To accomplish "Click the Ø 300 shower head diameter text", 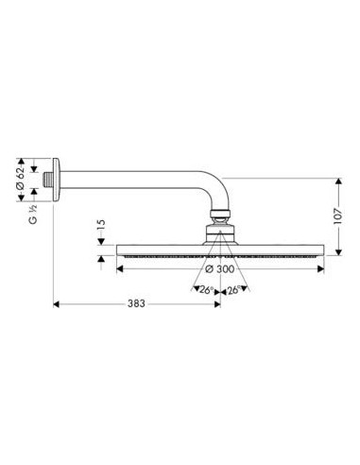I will coord(220,269).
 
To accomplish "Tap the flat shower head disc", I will coord(219,252).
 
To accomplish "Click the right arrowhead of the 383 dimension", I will coord(216,305).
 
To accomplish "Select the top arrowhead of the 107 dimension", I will coord(336,179).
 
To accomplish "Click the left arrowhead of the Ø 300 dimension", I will coord(118,269).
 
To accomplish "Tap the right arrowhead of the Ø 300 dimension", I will coord(321,269).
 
